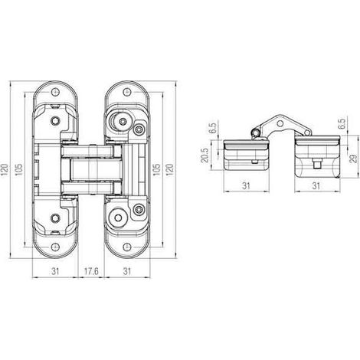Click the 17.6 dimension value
pos(91,271)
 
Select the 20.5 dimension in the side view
pos(205,155)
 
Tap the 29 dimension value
pos(354,159)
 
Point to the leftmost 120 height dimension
pos(5,169)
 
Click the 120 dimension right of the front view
pos(170,169)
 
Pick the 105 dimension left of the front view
pos(19,169)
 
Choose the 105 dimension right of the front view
pos(156,169)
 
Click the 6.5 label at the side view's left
pos(213,129)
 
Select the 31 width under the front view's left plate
pos(55,271)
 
